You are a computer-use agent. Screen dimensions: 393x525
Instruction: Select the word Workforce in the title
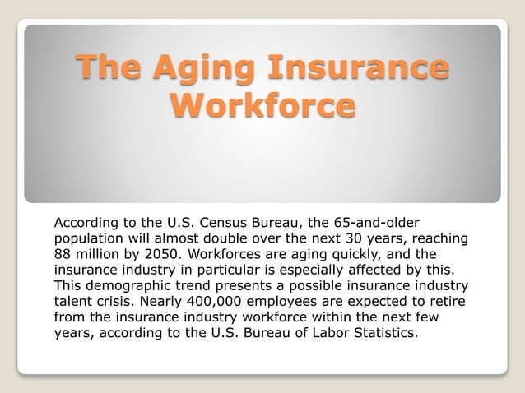point(262,107)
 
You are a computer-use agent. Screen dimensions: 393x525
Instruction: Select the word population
point(90,238)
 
